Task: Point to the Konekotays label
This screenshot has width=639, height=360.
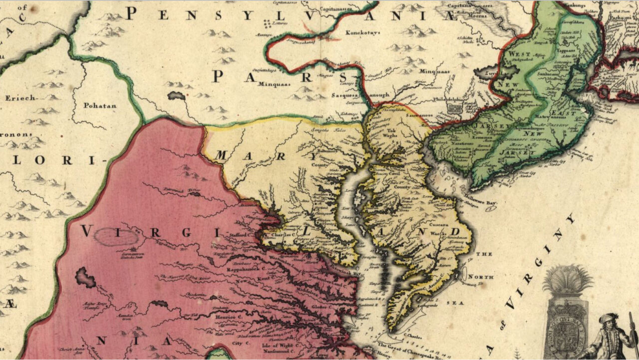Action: pyautogui.click(x=363, y=33)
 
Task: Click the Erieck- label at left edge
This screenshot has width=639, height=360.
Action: pyautogui.click(x=21, y=98)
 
